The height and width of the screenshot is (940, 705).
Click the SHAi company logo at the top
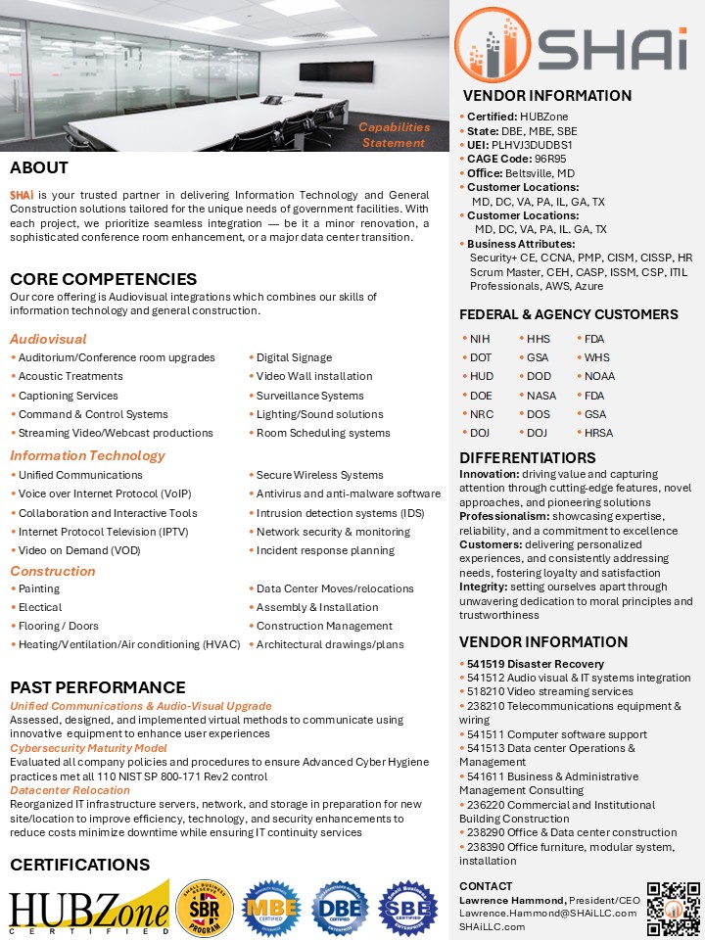576,43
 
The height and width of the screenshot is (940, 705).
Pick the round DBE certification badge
340,908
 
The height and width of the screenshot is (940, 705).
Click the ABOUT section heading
39,167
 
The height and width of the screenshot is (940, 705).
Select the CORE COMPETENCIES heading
103,279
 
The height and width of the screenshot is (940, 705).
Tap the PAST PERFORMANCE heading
98,687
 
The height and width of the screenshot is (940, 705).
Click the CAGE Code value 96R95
550,159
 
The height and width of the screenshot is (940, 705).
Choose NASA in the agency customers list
541,396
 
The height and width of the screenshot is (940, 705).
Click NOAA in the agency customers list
600,376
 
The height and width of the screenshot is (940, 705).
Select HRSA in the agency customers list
599,433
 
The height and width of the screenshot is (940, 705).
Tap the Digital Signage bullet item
294,357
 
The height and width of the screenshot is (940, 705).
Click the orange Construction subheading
53,571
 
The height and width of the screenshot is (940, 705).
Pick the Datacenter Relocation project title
70,790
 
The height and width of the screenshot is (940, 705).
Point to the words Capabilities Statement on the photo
394,135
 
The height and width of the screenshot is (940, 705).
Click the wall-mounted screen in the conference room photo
324,69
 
